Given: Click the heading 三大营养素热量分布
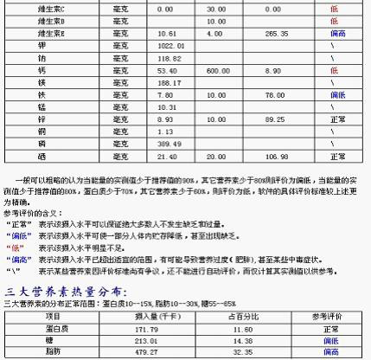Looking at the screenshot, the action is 67,292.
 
